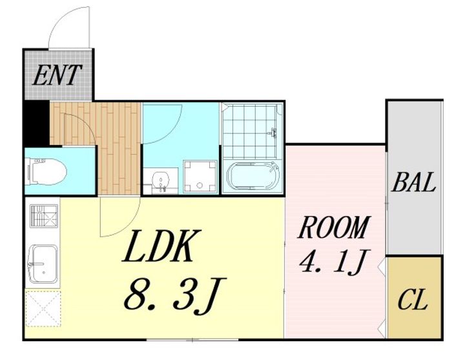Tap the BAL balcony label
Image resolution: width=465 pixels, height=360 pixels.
(x=414, y=182)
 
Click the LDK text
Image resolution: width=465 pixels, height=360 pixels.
(x=161, y=246)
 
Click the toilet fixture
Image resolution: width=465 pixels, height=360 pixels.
(x=46, y=172)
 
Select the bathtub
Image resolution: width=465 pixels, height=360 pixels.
(x=253, y=176)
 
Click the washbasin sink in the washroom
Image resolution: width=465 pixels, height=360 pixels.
(x=160, y=181)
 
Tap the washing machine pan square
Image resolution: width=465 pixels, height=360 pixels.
(x=200, y=176)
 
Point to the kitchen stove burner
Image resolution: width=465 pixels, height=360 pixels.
(x=44, y=216)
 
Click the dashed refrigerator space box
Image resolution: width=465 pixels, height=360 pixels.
(x=43, y=309)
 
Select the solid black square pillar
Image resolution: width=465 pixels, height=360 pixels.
(x=36, y=123)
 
